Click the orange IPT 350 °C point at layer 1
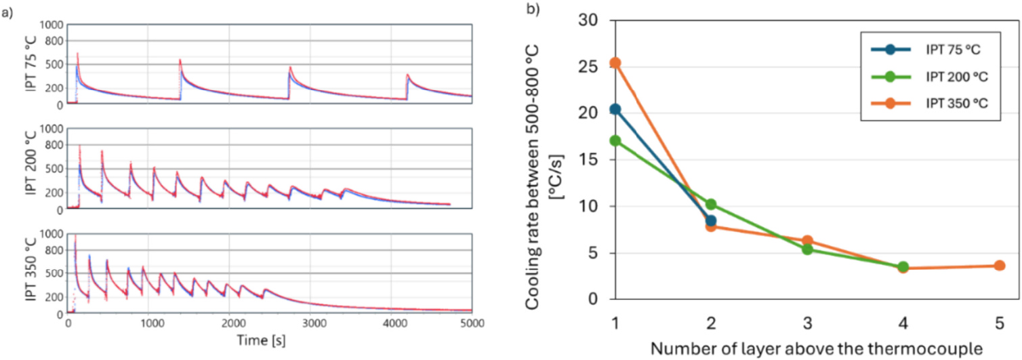pos(615,63)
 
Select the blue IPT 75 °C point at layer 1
pos(615,109)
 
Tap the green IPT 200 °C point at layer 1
pos(615,141)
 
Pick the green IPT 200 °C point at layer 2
pos(711,204)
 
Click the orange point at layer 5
pos(999,265)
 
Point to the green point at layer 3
pos(807,249)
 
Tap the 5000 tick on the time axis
pos(471,325)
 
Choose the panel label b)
pos(534,10)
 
